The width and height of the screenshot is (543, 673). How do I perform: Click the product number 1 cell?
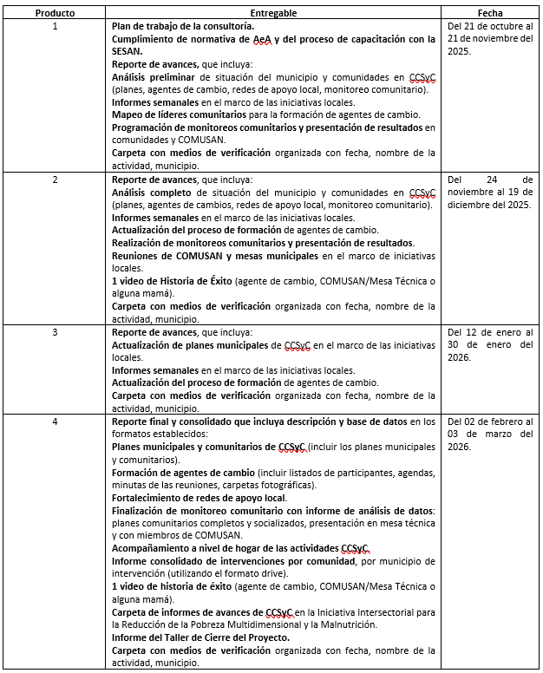click(x=55, y=27)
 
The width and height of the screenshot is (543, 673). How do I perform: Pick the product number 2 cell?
click(x=55, y=180)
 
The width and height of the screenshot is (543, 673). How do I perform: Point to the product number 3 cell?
click(x=55, y=332)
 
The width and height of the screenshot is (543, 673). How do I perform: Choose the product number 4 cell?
click(x=55, y=421)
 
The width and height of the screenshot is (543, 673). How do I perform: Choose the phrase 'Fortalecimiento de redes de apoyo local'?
click(x=199, y=498)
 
